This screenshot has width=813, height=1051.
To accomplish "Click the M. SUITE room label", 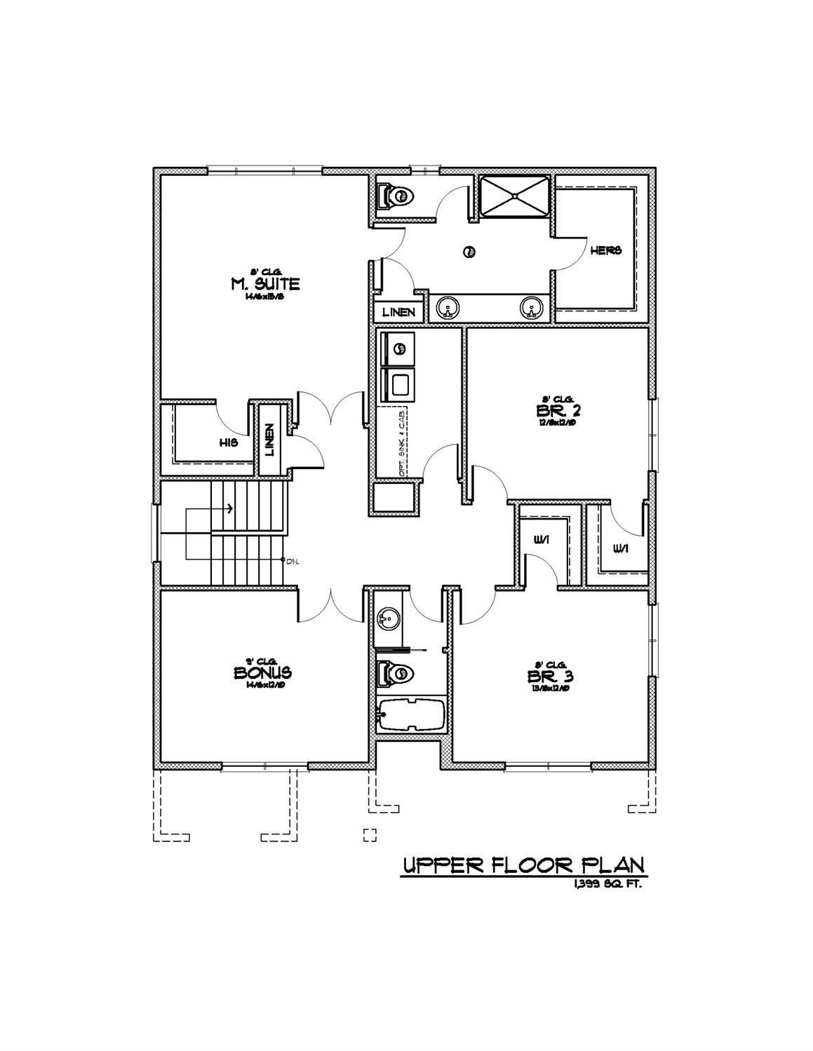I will [264, 284].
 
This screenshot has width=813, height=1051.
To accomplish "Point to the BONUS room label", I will [263, 672].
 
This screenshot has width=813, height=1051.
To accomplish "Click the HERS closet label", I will [605, 250].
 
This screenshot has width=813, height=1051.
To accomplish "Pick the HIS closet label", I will [228, 443].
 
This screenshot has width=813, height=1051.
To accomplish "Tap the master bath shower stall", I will [515, 196].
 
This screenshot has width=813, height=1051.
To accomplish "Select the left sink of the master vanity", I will [447, 307].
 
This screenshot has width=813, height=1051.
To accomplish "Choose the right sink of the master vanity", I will [531, 307].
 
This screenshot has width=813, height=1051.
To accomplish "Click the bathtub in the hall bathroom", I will [412, 715].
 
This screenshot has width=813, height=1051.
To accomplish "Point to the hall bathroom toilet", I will [395, 674].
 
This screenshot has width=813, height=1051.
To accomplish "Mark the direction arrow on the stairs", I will [228, 508].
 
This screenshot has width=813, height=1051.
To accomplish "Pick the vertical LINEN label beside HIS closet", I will [269, 440].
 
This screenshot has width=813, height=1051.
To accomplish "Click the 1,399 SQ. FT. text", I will [607, 884].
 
